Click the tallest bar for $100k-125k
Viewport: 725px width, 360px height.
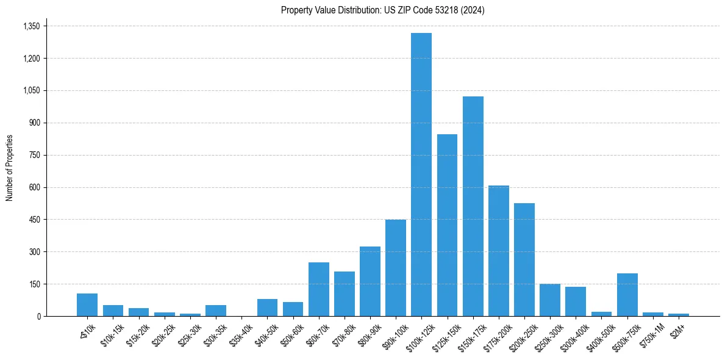(421, 175)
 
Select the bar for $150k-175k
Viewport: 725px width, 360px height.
(473, 206)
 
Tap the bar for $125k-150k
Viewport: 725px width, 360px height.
(447, 225)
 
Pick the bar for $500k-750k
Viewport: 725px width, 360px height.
(627, 295)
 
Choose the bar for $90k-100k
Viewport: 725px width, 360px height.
(396, 268)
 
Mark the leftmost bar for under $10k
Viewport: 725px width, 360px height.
(87, 305)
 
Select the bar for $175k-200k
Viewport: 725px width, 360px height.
(499, 251)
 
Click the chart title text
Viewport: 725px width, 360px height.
(383, 10)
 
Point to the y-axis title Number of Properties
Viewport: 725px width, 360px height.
(10, 168)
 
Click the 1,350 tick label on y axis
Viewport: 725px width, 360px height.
(31, 26)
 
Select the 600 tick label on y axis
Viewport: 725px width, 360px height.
(35, 187)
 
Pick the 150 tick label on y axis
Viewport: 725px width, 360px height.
(35, 284)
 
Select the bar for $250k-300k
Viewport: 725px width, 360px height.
(550, 300)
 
